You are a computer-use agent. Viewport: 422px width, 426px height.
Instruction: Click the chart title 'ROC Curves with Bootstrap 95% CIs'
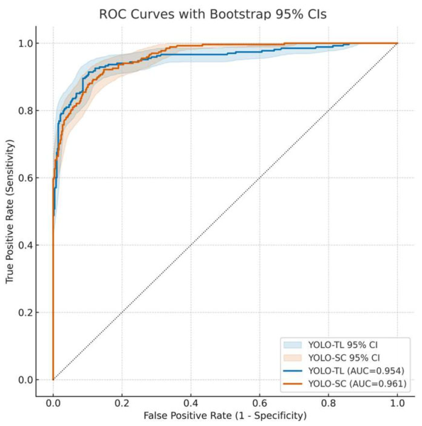click(x=213, y=14)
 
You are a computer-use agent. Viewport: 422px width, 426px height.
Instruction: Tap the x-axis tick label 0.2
click(x=122, y=403)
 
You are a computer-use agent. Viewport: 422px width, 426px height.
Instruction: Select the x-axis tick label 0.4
click(x=191, y=403)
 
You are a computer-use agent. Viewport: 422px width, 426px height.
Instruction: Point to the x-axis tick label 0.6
click(x=260, y=403)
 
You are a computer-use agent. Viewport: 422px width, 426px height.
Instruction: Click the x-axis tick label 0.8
click(x=329, y=403)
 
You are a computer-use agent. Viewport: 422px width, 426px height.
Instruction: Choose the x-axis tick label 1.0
click(x=397, y=403)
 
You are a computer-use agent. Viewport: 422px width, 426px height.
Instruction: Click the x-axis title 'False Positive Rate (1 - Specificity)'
click(x=225, y=416)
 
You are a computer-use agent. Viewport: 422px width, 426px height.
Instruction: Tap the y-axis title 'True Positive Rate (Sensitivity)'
click(x=10, y=212)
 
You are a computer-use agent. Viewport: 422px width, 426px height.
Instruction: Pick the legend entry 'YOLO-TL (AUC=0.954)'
click(x=356, y=371)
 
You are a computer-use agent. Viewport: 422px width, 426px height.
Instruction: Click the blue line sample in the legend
click(x=293, y=371)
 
